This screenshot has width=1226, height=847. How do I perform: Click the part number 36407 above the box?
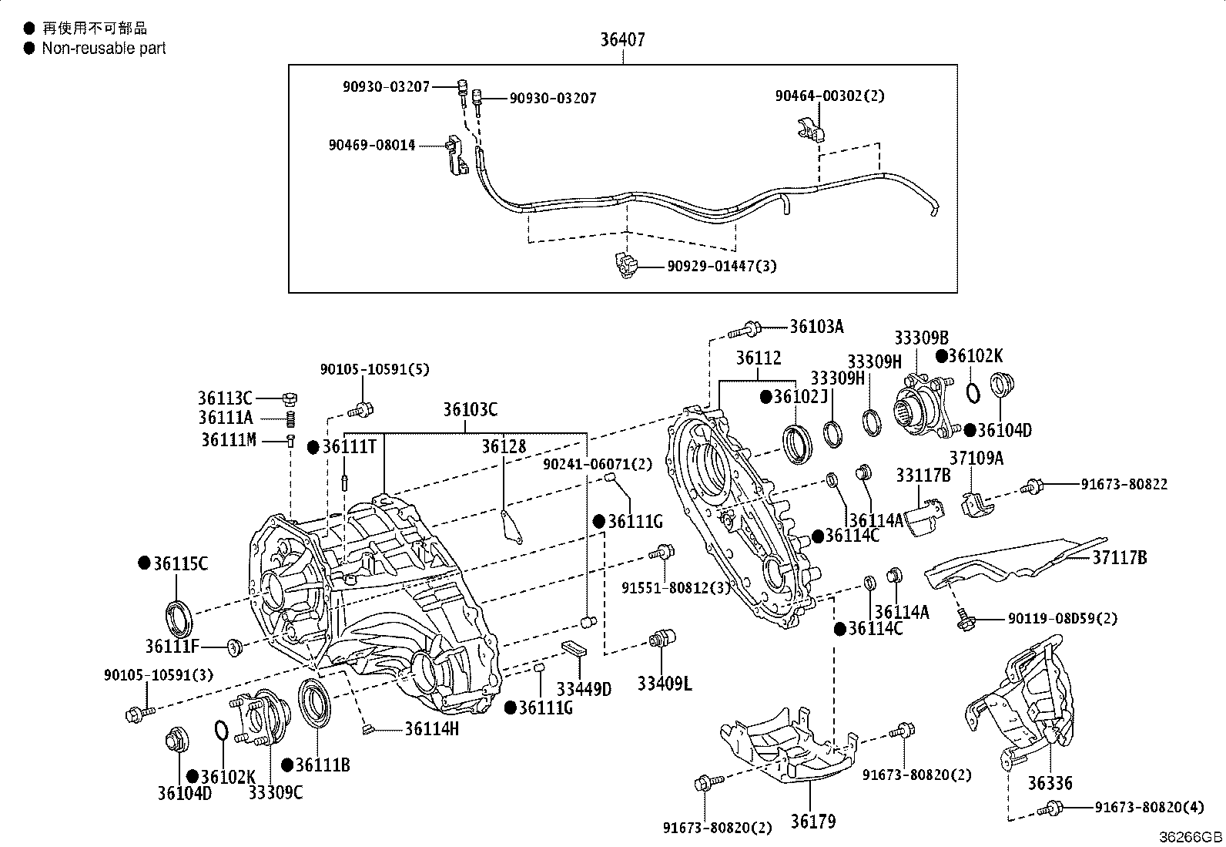click(622, 39)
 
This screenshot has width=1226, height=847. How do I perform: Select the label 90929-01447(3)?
click(722, 267)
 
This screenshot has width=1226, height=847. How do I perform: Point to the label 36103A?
click(816, 327)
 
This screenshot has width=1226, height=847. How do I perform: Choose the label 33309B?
click(921, 338)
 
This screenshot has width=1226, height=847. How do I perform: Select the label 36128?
click(504, 447)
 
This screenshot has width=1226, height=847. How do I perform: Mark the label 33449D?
click(584, 688)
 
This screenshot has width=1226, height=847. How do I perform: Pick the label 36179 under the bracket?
click(812, 822)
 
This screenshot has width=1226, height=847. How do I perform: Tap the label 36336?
click(1049, 784)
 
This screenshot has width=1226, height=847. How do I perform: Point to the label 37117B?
click(1119, 557)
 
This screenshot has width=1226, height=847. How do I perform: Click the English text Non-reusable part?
click(104, 49)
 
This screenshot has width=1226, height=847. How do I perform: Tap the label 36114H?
click(431, 728)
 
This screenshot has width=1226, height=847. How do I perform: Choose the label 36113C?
click(225, 398)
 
